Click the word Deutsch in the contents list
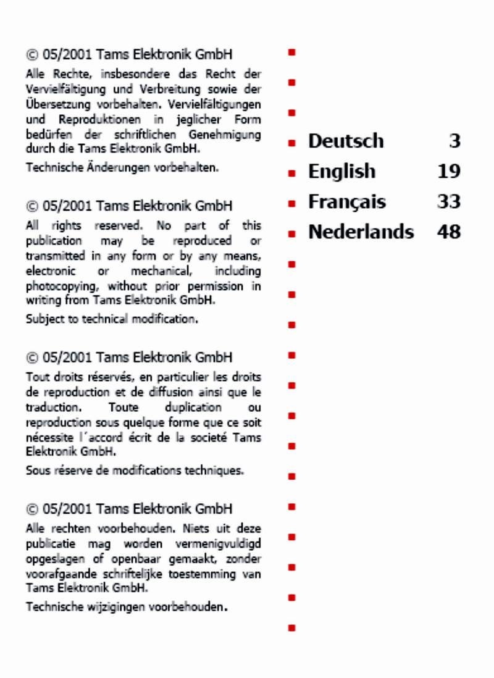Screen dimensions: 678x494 point(346,141)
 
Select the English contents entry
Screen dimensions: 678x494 point(341,172)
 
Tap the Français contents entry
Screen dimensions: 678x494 point(347,202)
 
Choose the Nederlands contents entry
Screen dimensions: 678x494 point(361,232)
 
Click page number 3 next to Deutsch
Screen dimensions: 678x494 point(455,141)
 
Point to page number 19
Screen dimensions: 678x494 point(449,172)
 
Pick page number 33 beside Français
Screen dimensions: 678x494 point(449,202)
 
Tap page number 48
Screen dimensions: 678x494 point(449,232)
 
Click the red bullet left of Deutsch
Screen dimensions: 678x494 point(292,143)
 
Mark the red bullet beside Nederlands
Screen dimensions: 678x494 point(292,234)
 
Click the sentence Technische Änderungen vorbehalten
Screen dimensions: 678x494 point(122,167)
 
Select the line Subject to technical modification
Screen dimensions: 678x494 point(112,319)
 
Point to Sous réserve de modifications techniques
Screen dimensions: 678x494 point(135,471)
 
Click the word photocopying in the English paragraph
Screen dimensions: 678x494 point(63,287)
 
